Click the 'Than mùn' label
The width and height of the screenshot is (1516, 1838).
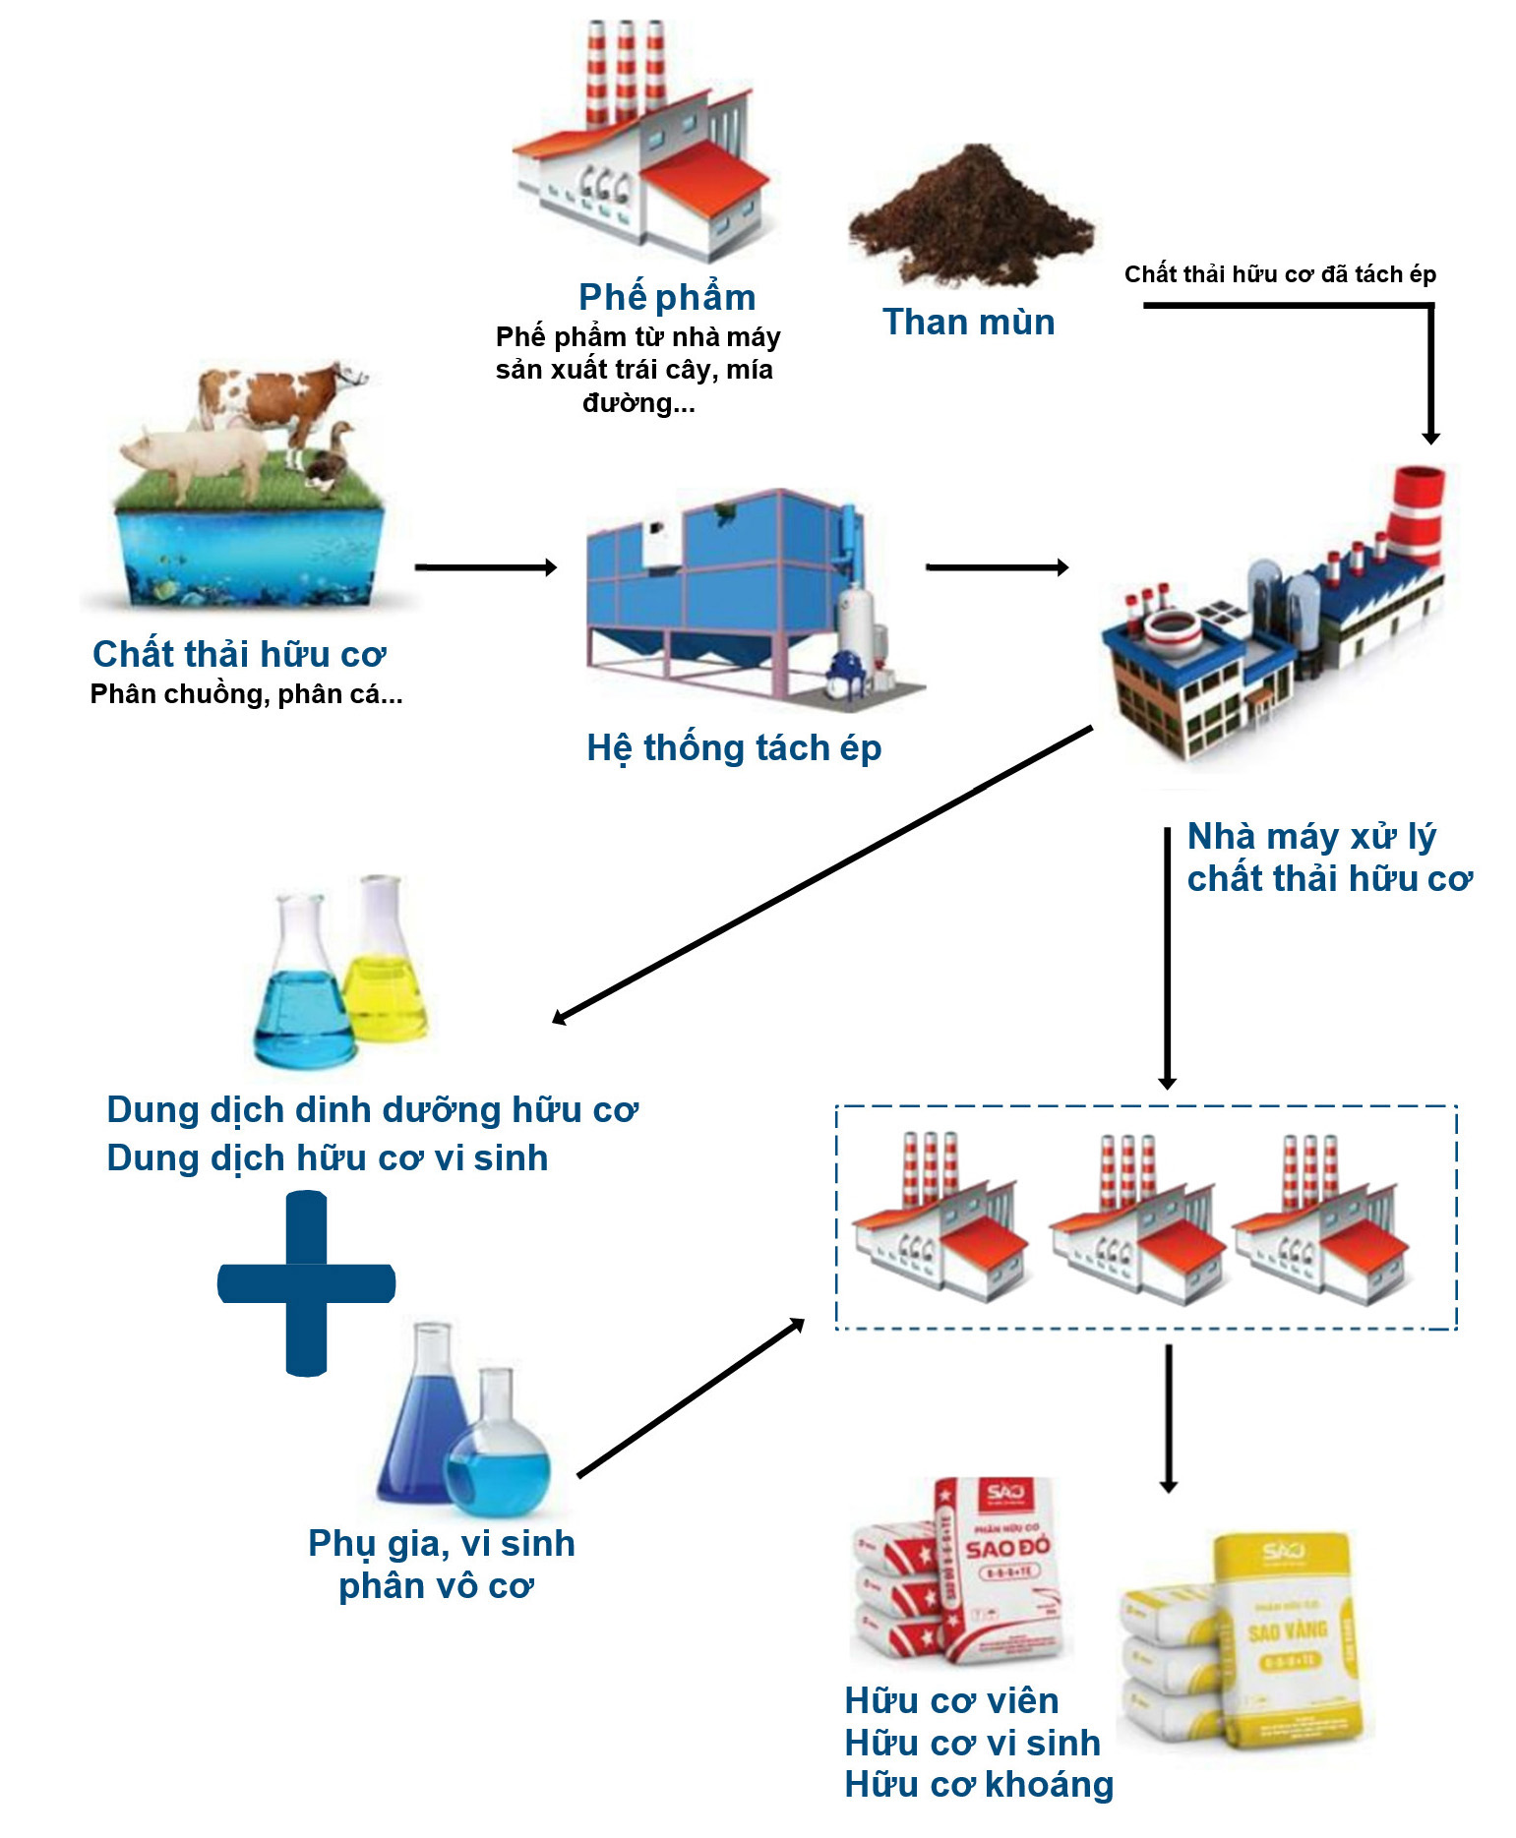(x=968, y=323)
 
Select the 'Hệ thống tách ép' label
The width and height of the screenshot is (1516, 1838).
(x=734, y=748)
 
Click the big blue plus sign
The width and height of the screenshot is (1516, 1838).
(x=306, y=1283)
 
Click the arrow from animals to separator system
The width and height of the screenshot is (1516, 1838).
(x=485, y=567)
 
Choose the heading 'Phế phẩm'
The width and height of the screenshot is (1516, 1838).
(x=667, y=297)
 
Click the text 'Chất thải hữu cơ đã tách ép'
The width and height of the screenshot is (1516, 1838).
(x=1280, y=274)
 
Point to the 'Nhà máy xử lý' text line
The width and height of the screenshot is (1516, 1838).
(x=1311, y=837)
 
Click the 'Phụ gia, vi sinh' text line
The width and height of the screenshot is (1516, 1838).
(x=442, y=1544)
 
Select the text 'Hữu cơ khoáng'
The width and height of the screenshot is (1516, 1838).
(x=979, y=1785)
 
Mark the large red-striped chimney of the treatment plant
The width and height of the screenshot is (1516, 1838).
(x=1417, y=511)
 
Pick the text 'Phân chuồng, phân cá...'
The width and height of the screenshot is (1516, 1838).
(x=246, y=694)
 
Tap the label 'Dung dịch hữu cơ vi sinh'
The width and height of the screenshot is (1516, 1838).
(x=328, y=1158)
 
